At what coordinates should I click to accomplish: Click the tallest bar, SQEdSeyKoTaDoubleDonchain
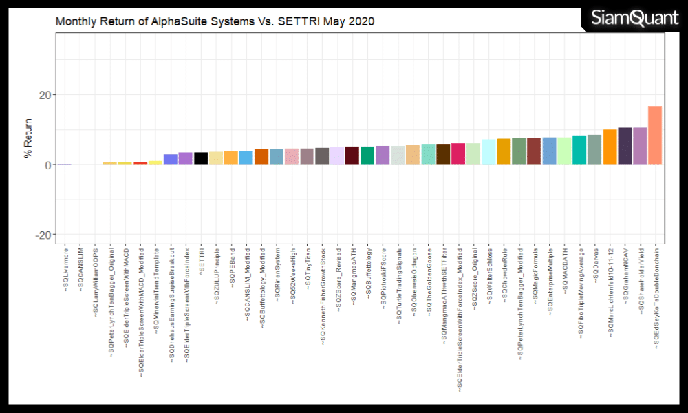point(655,136)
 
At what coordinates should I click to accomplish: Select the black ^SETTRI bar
point(201,158)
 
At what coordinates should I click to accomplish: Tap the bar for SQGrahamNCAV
point(625,146)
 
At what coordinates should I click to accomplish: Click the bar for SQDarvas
point(594,150)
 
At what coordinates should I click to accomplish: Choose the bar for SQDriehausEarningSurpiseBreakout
point(171,159)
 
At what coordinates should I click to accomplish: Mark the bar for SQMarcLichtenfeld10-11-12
point(610,147)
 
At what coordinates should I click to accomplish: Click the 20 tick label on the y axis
point(43,95)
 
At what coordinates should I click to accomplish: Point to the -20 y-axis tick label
point(41,235)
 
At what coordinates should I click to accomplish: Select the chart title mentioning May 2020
point(215,21)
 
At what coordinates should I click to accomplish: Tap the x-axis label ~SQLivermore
point(65,265)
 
